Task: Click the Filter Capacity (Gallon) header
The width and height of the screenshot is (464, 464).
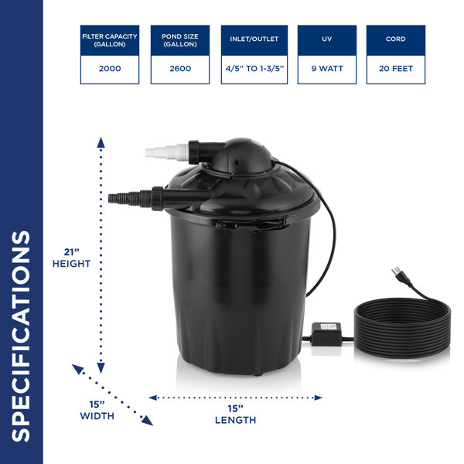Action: pos(110,40)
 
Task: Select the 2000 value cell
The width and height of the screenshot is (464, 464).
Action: pos(110,70)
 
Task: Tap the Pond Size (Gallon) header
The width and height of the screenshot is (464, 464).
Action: pos(180,40)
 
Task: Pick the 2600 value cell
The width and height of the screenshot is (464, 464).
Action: pos(180,70)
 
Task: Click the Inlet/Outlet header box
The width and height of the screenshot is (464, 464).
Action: pos(254,40)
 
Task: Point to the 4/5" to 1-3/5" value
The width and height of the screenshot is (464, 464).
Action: pos(254,69)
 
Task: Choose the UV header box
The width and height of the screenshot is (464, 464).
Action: pos(327,40)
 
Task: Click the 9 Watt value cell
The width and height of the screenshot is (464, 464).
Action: pos(327,70)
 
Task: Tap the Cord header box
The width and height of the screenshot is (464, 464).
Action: pos(396,40)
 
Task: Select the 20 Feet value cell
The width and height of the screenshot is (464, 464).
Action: pos(396,70)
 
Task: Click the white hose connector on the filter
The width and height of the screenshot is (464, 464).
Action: pos(167,152)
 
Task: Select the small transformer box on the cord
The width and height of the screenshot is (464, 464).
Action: pos(326,334)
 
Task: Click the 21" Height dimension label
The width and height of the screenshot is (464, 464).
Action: pos(72,258)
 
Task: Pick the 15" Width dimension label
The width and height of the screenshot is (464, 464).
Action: pos(97,411)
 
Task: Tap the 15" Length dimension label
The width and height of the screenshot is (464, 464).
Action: pos(236,415)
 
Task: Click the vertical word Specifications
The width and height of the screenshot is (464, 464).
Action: pos(21,336)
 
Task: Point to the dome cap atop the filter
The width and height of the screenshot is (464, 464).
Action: pos(241,155)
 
